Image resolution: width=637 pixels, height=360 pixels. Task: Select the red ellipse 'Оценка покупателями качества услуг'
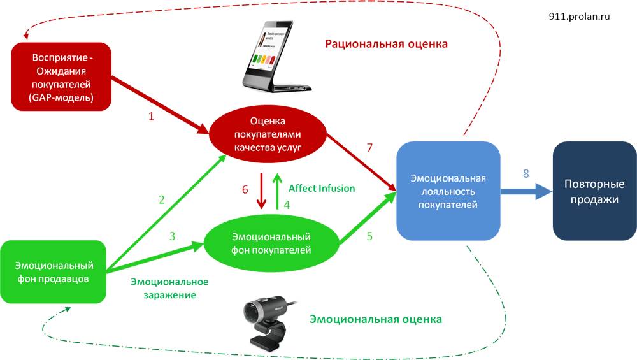[268, 134]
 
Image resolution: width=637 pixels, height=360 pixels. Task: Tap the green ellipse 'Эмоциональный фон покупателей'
[271, 243]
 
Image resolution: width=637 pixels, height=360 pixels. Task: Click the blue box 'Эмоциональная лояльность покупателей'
[448, 191]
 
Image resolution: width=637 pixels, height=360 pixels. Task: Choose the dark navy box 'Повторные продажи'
[594, 192]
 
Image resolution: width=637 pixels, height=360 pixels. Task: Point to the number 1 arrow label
[151, 117]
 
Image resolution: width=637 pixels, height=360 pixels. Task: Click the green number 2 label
[162, 199]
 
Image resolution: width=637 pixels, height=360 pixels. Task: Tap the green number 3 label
[172, 236]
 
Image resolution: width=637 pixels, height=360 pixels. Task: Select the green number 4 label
[287, 205]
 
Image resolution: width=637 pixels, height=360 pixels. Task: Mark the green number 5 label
[369, 236]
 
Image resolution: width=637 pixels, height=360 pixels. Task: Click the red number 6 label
[245, 189]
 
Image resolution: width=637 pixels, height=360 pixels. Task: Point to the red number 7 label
[369, 148]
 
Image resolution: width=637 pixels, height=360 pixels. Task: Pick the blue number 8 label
[526, 173]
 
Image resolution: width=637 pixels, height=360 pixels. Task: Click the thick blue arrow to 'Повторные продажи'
[526, 191]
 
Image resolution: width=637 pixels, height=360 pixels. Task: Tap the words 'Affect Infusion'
[322, 189]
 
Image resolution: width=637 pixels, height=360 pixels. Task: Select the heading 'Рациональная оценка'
[387, 44]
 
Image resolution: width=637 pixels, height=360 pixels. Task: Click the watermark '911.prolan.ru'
[579, 17]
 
